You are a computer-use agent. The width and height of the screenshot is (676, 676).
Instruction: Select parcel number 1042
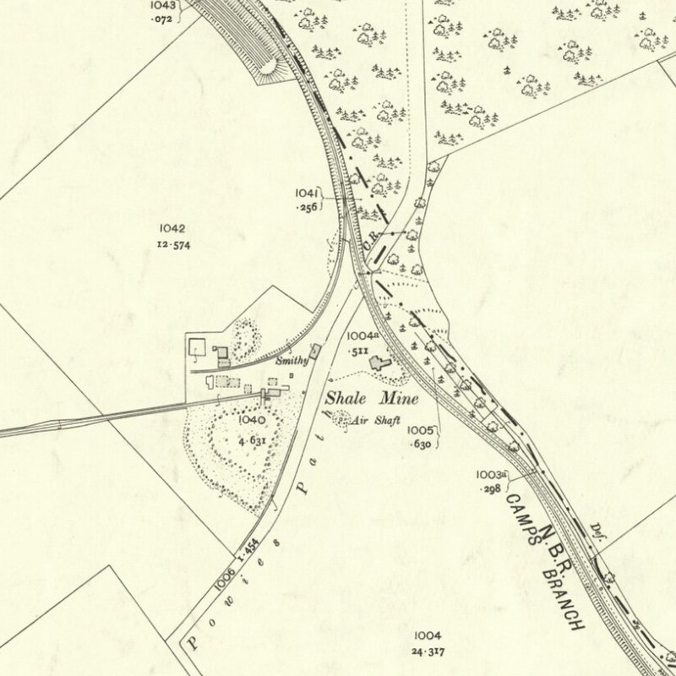(171, 228)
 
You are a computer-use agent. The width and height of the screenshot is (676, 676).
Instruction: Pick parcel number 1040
(251, 419)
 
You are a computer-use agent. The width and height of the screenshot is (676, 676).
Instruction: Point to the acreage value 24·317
(428, 652)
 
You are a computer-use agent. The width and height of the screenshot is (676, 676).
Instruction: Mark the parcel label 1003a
(491, 475)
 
